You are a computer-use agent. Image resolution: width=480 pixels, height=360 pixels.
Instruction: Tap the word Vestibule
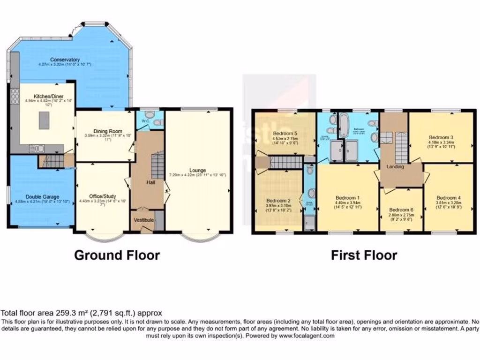click(x=142, y=219)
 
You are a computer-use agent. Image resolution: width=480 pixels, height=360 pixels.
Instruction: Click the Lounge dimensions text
click(x=197, y=175)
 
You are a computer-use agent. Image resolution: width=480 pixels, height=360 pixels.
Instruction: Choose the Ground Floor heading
click(x=117, y=255)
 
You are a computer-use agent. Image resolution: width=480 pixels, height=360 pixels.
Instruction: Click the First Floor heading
click(x=364, y=255)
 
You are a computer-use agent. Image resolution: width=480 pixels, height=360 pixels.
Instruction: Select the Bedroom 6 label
click(x=401, y=209)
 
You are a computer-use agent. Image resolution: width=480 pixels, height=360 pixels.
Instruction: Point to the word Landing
click(x=395, y=166)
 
